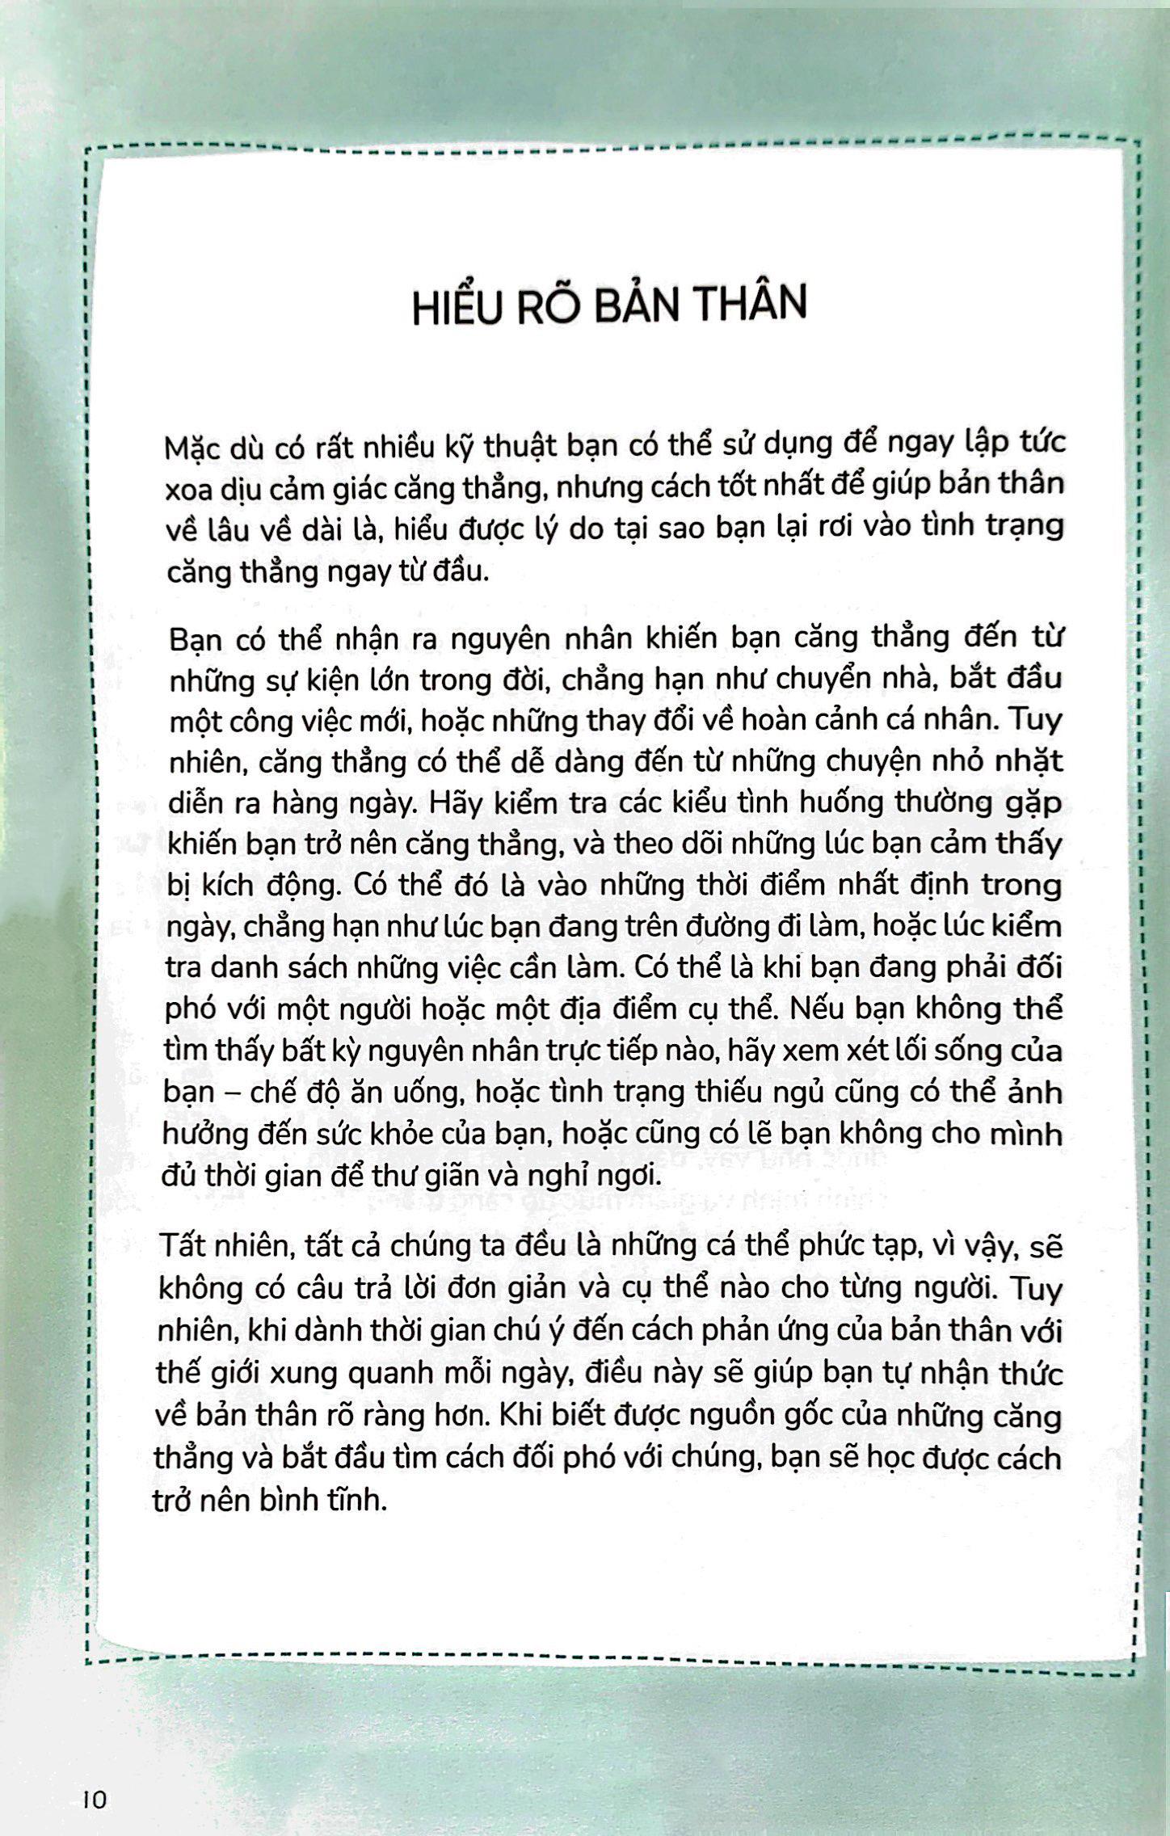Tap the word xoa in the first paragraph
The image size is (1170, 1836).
pos(185,490)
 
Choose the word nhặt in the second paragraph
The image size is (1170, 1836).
pos(1026,761)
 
